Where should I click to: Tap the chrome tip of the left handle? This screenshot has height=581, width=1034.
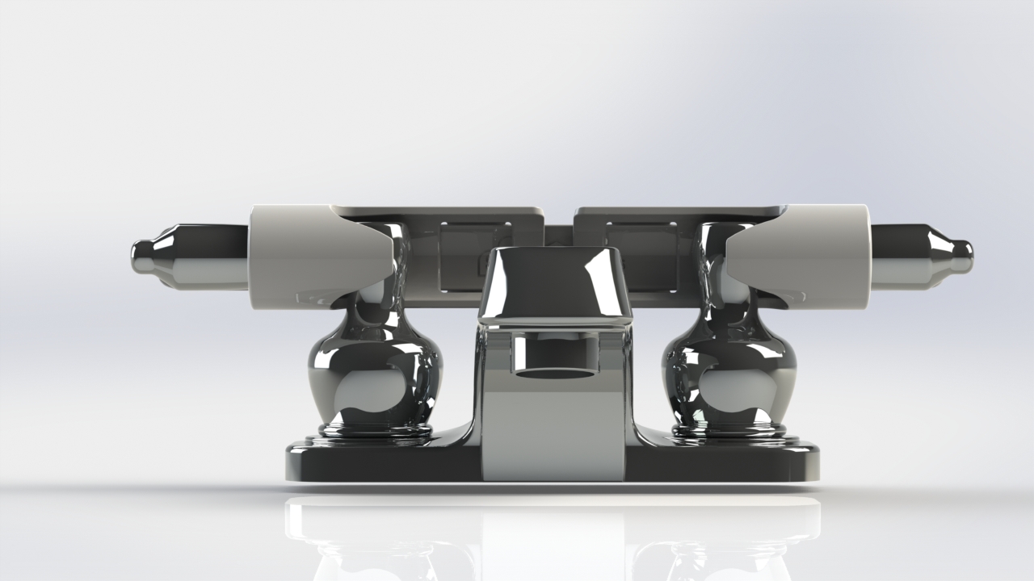tap(143, 257)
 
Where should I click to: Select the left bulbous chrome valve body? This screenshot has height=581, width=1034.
tap(374, 375)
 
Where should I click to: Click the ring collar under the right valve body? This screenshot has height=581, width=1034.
tap(729, 430)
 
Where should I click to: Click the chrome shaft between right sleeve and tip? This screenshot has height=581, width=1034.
tap(897, 256)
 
